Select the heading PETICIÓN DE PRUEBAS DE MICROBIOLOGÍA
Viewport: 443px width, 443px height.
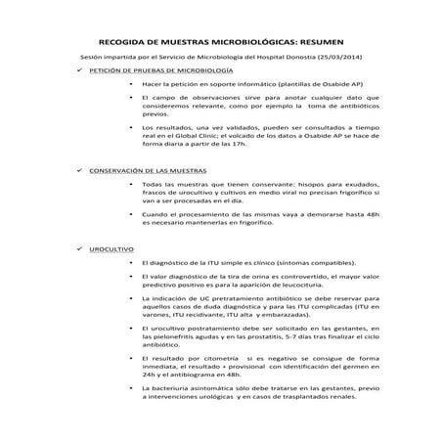(161, 73)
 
